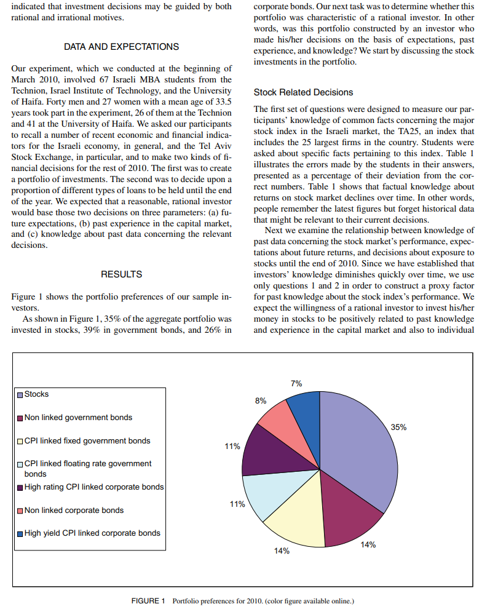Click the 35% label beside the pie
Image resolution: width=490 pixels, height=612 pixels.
(x=398, y=426)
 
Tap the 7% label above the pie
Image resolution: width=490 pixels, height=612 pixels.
(x=296, y=383)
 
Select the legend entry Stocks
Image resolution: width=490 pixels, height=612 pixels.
(x=36, y=394)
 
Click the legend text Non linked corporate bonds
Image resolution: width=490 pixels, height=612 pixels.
(x=74, y=510)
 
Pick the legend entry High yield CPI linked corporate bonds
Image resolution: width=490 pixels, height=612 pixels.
(x=92, y=533)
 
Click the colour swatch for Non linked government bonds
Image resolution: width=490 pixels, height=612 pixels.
(x=20, y=418)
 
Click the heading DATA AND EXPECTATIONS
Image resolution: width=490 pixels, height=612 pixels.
(x=121, y=47)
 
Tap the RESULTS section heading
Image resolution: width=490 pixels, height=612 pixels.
(x=121, y=274)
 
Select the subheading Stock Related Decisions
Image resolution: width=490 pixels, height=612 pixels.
(x=303, y=92)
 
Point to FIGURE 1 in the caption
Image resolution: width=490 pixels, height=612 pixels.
(x=149, y=600)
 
